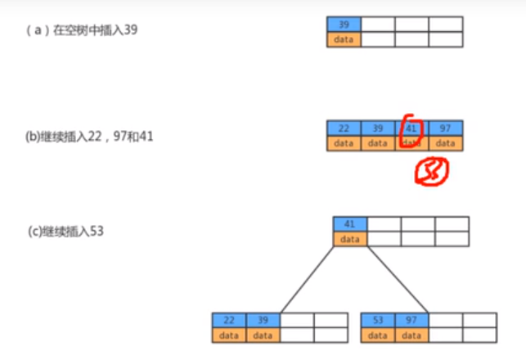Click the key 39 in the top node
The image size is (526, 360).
[344, 25]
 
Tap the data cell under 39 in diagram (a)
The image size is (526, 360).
[344, 39]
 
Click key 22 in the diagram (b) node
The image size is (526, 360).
[344, 128]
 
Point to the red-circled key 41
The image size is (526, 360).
[411, 129]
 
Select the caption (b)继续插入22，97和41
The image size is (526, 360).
[89, 136]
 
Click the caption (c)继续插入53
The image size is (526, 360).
[65, 232]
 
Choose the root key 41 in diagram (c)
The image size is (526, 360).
[350, 224]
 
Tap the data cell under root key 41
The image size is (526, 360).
[350, 239]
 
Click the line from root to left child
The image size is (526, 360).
[306, 279]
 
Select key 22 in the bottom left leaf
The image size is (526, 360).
[229, 320]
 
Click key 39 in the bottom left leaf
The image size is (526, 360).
[263, 320]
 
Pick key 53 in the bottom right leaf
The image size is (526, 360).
[378, 320]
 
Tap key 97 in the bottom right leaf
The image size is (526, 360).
[411, 320]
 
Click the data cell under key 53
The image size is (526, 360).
[378, 335]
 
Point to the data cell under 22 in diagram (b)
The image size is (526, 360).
[344, 143]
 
